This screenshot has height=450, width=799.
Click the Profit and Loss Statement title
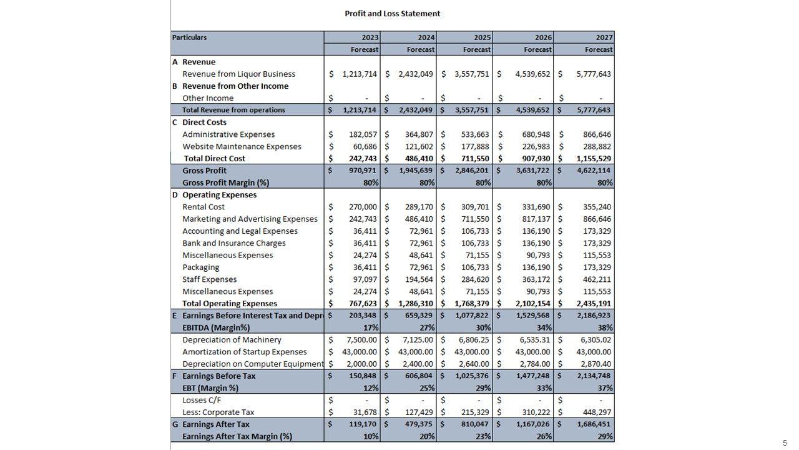(x=392, y=13)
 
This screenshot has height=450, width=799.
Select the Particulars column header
(x=190, y=37)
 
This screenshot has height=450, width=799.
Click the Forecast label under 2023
(x=365, y=49)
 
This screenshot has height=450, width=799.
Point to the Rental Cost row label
(x=203, y=207)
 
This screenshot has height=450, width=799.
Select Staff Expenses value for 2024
(x=416, y=279)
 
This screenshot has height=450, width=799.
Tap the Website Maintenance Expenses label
(x=242, y=146)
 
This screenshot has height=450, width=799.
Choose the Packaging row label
(x=200, y=267)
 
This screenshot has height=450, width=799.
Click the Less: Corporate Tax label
(x=218, y=412)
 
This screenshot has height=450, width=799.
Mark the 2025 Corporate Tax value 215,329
(x=474, y=412)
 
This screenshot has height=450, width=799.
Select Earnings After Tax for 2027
(x=594, y=424)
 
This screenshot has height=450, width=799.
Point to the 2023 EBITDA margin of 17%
(x=371, y=327)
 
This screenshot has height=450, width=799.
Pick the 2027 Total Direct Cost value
(x=594, y=159)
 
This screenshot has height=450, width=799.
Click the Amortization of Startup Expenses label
(x=245, y=352)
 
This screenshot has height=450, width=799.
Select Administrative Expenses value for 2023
(x=363, y=134)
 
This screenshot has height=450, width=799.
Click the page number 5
(x=785, y=443)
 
